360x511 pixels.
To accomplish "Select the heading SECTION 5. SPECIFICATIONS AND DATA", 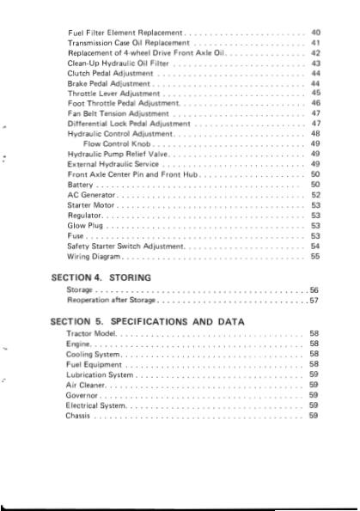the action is click(147, 320).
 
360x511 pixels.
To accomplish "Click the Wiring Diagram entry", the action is click(95, 256).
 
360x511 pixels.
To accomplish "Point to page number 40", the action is click(315, 31).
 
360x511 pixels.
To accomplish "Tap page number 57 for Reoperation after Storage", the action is click(314, 301).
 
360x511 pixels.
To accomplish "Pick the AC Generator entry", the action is click(90, 195).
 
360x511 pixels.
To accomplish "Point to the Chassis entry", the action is click(78, 416).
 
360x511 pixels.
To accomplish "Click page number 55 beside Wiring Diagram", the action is click(315, 256).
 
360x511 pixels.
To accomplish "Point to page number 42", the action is click(315, 52).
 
